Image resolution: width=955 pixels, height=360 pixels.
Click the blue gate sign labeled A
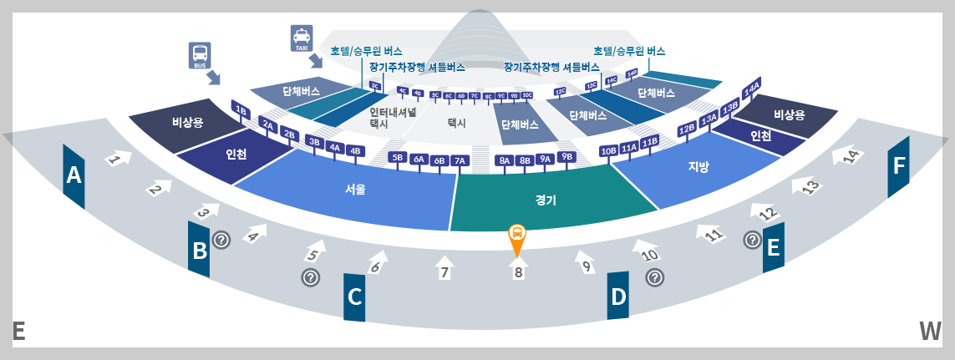coord(74,176)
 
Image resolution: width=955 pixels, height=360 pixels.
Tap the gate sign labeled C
coord(354,297)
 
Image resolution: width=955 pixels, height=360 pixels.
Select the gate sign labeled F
coord(898,166)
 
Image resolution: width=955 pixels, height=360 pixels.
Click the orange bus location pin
coord(517,237)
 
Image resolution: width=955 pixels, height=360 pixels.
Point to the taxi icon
coord(301,37)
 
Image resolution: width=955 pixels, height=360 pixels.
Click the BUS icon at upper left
coord(201,54)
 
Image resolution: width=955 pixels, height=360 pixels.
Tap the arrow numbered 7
coord(444,269)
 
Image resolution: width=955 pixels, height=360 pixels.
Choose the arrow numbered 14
coord(851,156)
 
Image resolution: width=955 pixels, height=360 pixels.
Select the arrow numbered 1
coord(116,159)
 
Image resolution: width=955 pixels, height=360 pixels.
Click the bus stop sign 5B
coord(398,157)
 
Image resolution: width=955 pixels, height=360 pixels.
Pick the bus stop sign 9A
coord(545,159)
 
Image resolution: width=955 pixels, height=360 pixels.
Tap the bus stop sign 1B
coord(241,110)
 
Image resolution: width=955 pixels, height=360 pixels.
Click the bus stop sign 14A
coord(751,88)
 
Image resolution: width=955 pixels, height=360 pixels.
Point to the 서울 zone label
coord(355,190)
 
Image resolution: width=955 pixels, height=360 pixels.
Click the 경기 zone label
coord(546,200)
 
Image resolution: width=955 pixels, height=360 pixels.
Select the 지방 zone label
coord(698,166)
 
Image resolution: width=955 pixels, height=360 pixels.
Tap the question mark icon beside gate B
coord(221,240)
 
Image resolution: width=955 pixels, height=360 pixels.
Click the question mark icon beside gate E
coord(752,241)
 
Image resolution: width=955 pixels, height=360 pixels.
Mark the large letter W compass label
coord(930,332)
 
